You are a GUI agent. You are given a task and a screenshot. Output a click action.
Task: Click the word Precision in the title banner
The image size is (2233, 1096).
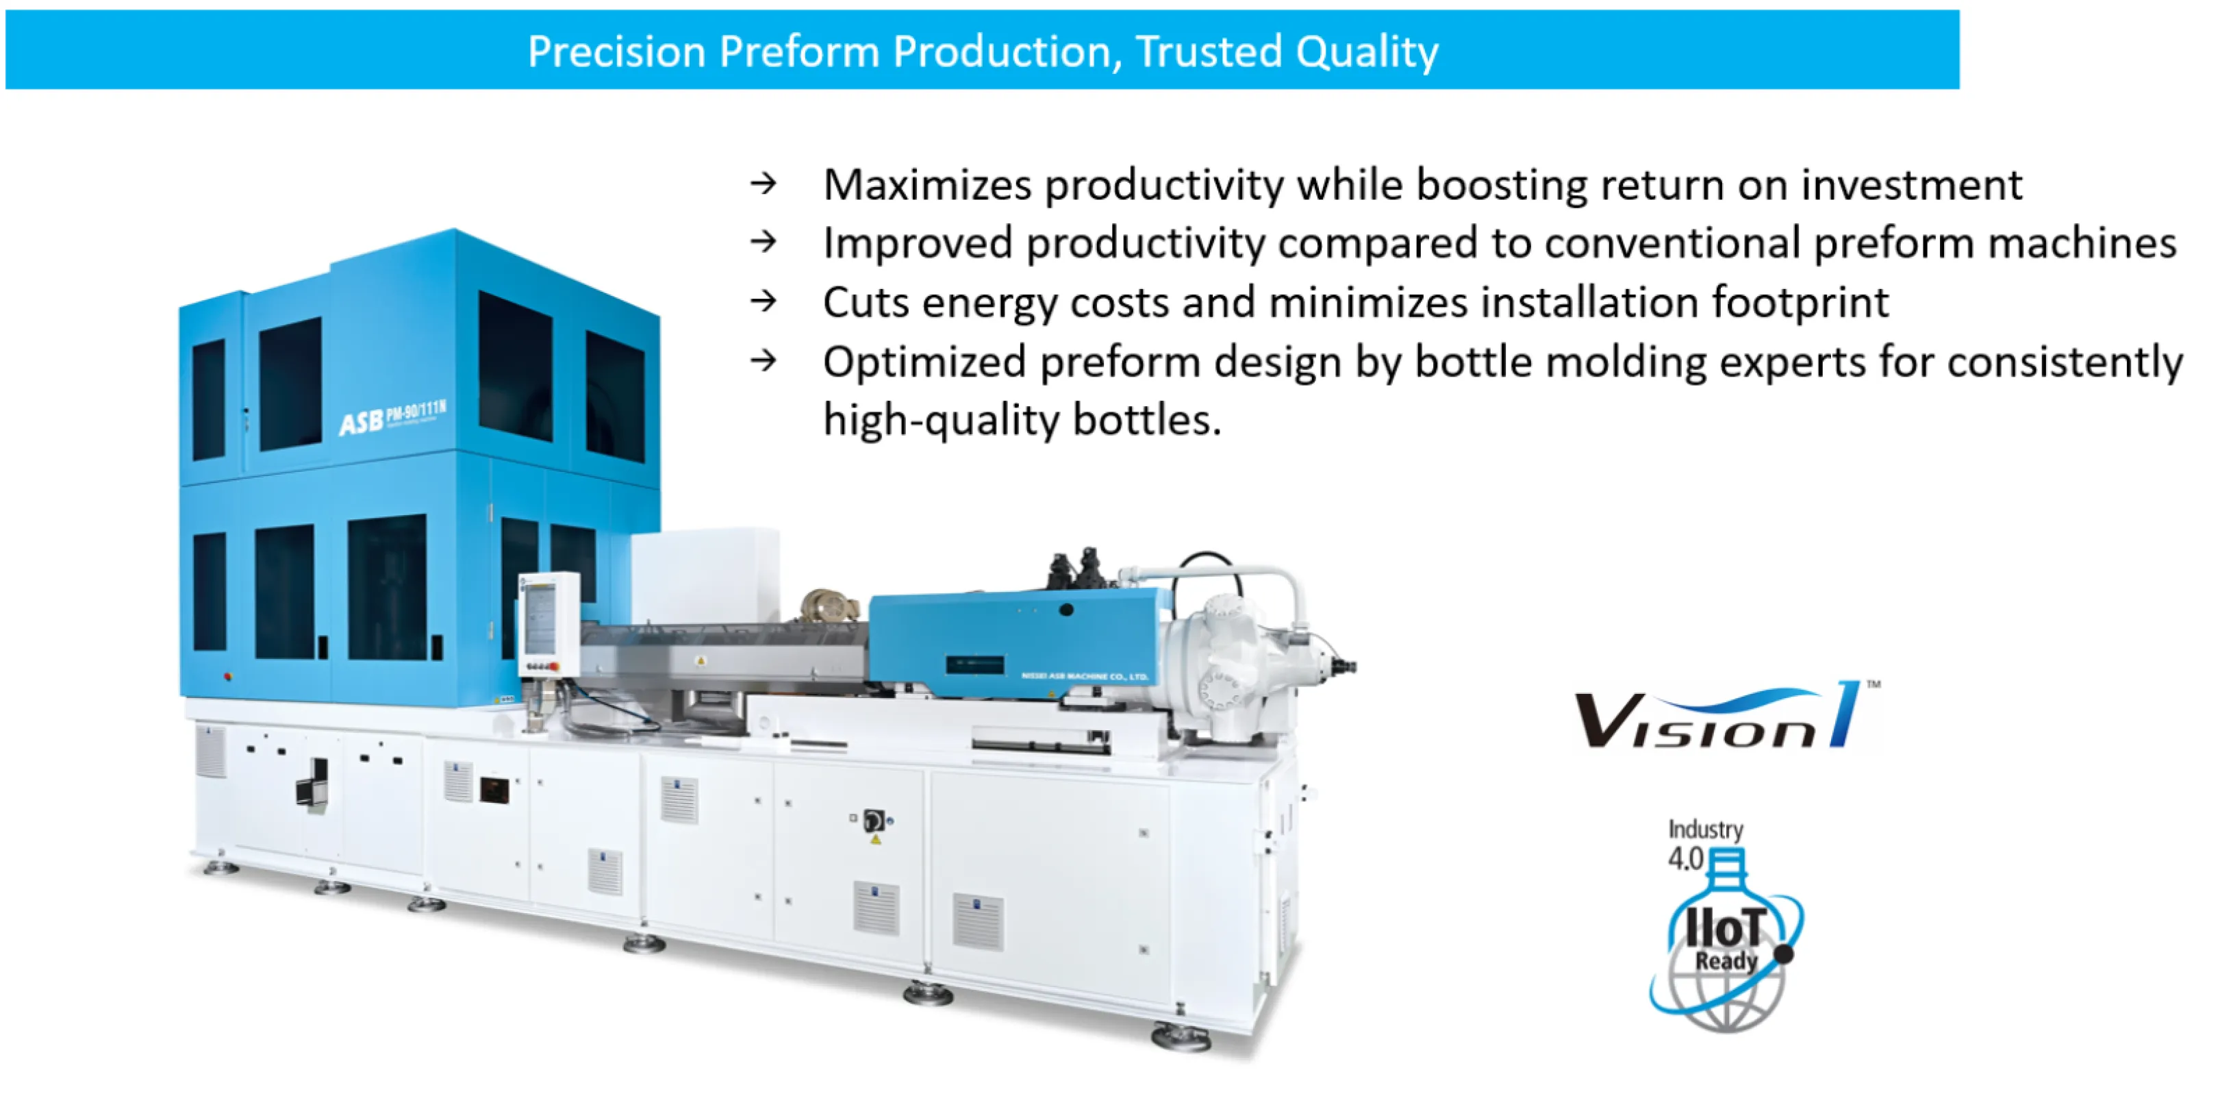click(x=616, y=51)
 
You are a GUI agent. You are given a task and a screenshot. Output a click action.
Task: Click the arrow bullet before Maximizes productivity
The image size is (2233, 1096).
click(x=764, y=183)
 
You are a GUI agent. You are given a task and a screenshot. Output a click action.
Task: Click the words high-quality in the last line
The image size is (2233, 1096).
click(x=942, y=421)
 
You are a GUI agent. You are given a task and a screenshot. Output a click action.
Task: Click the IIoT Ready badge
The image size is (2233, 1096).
click(x=1725, y=945)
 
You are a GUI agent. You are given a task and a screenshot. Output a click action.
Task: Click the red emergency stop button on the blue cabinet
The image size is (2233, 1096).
click(x=228, y=676)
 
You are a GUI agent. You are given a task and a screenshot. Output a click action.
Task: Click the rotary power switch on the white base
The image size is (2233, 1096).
click(x=874, y=820)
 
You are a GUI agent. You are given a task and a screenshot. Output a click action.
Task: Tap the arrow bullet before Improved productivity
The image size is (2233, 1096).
click(x=764, y=242)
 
